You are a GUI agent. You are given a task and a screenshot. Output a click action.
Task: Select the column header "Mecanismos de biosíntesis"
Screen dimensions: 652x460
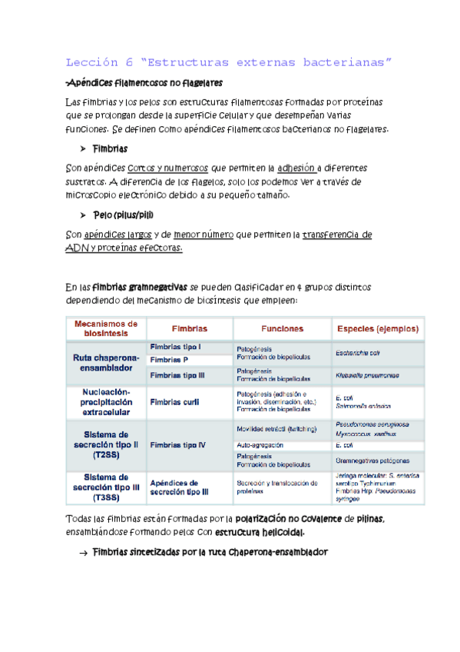(105, 328)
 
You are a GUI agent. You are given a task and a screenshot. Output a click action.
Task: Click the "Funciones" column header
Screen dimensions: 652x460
(282, 328)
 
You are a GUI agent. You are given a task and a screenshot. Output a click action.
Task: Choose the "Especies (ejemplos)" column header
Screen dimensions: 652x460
(377, 328)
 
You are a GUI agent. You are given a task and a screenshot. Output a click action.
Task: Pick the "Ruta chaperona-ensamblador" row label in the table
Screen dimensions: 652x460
(106, 364)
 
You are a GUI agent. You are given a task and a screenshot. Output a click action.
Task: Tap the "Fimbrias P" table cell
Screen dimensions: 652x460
(170, 360)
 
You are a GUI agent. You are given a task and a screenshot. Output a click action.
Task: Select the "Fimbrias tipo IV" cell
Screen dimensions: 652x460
(179, 444)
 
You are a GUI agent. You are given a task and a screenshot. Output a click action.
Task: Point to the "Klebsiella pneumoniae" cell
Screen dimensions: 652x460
(367, 377)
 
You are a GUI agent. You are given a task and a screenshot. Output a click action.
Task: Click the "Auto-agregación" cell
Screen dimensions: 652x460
(260, 444)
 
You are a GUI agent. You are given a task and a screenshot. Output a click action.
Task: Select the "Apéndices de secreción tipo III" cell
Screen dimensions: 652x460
(179, 486)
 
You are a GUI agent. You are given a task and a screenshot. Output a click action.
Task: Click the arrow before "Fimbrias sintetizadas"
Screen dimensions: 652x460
(82, 552)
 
